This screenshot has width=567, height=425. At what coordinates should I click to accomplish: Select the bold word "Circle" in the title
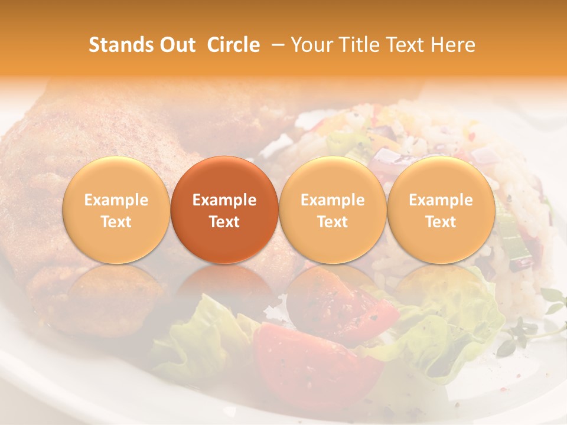[x=232, y=45]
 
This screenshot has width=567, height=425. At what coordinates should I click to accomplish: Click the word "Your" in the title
[x=312, y=45]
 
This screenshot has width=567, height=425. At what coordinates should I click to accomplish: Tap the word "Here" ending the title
[x=452, y=45]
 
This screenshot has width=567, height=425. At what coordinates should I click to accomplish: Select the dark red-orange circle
[x=224, y=210]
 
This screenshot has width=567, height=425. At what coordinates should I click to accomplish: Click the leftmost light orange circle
[x=116, y=210]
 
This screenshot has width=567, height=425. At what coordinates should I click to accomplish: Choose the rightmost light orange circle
[x=441, y=210]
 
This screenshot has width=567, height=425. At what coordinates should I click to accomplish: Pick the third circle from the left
[x=333, y=210]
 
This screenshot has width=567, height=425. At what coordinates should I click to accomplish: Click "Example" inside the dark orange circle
[x=224, y=200]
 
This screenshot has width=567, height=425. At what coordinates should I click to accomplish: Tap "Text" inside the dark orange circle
[x=224, y=222]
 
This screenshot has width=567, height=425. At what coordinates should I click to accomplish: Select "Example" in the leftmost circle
[x=116, y=200]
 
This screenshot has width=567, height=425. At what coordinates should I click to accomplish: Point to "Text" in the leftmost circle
[x=116, y=222]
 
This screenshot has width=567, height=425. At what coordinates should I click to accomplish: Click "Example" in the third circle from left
[x=333, y=200]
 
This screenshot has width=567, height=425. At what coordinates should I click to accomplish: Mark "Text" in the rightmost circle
[x=441, y=222]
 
